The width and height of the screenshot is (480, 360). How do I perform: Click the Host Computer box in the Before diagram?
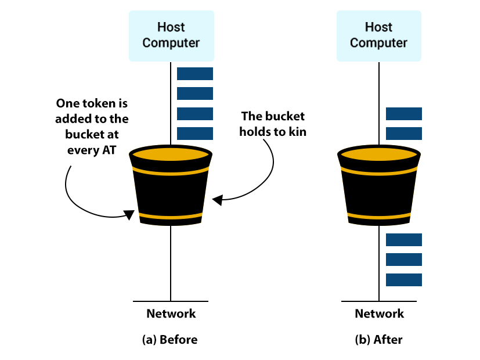pyautogui.click(x=171, y=35)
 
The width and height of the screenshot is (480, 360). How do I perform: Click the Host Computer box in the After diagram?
pyautogui.click(x=378, y=35)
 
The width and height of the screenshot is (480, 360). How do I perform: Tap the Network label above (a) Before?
pyautogui.click(x=171, y=314)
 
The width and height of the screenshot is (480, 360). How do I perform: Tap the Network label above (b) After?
pyautogui.click(x=379, y=314)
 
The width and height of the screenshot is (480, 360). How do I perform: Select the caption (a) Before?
pyautogui.click(x=169, y=340)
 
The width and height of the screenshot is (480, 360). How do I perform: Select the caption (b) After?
pyautogui.click(x=378, y=340)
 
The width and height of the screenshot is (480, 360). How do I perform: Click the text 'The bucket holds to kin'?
pyautogui.click(x=272, y=124)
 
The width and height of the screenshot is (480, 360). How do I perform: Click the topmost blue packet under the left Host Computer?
pyautogui.click(x=195, y=74)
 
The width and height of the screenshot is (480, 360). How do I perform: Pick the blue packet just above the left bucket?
pyautogui.click(x=195, y=134)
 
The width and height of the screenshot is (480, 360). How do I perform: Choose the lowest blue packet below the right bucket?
pyautogui.click(x=403, y=280)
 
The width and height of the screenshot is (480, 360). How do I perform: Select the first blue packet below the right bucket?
pyautogui.click(x=403, y=239)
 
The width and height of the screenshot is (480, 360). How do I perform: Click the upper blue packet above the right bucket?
pyautogui.click(x=403, y=114)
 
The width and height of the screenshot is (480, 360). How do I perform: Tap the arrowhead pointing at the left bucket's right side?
pyautogui.click(x=217, y=200)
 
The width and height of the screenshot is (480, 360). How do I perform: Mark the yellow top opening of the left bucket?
pyautogui.click(x=170, y=154)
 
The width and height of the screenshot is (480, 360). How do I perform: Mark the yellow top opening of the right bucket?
pyautogui.click(x=378, y=154)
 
